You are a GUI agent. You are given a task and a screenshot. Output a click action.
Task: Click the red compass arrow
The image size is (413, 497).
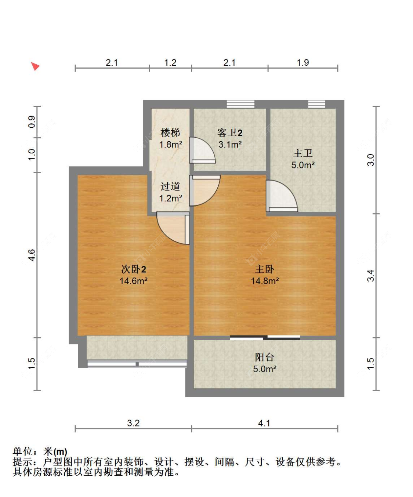point(35,66)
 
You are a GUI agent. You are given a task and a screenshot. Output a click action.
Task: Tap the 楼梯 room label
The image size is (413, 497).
point(170,133)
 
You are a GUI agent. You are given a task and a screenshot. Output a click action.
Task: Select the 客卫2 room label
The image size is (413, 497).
point(230,133)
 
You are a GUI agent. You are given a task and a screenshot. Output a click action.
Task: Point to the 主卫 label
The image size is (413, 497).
point(303,153)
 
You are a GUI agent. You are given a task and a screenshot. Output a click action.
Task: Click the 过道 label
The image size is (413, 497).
point(170,186)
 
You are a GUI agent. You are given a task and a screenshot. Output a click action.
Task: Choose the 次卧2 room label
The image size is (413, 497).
point(134,269)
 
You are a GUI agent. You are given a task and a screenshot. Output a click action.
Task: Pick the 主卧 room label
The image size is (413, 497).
point(265,269)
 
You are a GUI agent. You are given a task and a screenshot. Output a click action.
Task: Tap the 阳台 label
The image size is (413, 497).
point(264,357)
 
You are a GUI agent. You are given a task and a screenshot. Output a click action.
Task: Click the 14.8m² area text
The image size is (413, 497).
point(265,281)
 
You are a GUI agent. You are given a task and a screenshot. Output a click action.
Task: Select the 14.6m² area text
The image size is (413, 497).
point(134,281)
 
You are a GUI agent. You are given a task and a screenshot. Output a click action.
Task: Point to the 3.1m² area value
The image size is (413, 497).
point(230,145)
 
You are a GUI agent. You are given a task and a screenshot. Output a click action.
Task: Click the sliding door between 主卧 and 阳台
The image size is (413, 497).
point(265,337)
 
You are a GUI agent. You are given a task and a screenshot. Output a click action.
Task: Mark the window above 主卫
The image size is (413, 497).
point(316,104)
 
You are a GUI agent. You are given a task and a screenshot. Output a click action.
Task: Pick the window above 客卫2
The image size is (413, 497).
point(240,104)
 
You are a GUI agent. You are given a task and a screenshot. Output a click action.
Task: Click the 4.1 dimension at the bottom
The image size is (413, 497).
point(264,423)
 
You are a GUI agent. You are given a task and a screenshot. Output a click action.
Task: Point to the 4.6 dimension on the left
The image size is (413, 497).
point(32,255)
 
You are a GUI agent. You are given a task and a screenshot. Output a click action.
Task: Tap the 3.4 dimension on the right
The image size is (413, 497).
point(371,276)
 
